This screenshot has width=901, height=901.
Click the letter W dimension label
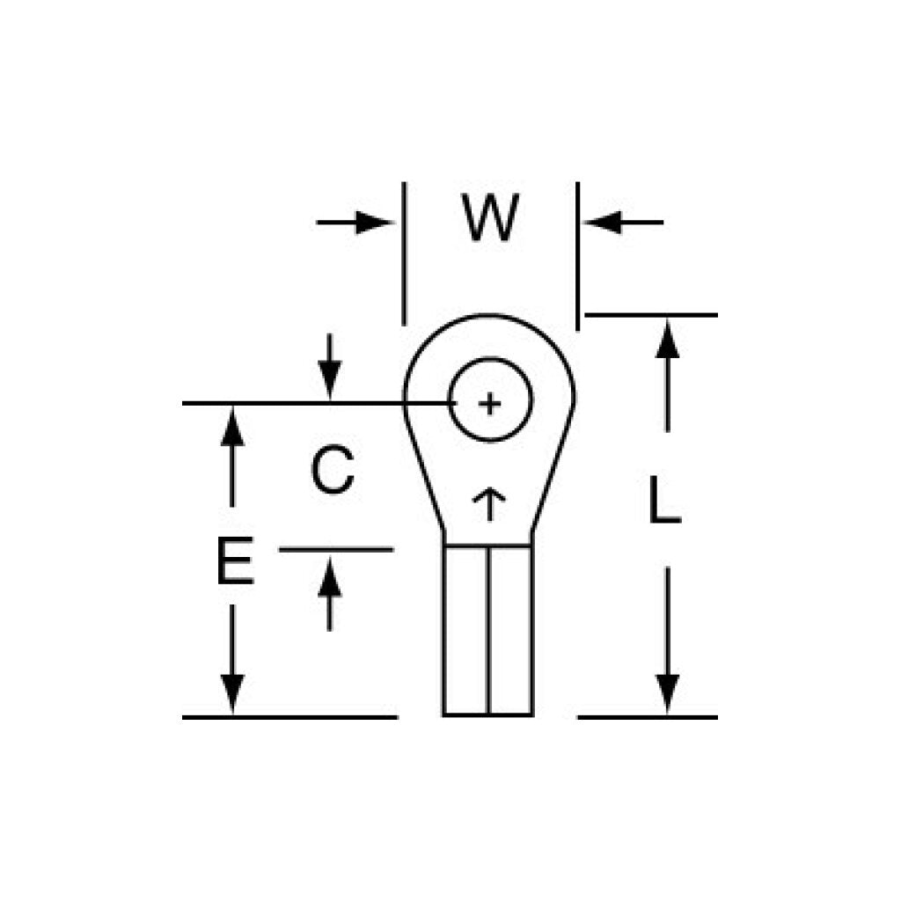click(491, 218)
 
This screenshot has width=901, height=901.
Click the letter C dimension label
click(332, 470)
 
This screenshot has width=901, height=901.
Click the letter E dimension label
click(235, 560)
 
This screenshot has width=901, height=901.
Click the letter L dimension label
click(664, 500)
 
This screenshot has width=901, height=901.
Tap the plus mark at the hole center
click(489, 403)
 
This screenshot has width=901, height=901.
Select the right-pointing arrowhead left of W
click(374, 223)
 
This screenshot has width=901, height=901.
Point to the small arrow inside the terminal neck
click(489, 504)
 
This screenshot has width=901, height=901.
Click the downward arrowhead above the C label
click(330, 378)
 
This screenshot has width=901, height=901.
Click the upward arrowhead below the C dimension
click(330, 578)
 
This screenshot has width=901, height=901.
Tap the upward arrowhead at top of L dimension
click(667, 340)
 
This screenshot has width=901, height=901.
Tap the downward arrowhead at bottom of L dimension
click(667, 693)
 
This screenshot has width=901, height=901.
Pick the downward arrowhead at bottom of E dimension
click(232, 693)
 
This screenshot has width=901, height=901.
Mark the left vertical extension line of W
click(404, 253)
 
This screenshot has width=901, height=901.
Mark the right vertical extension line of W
click(577, 256)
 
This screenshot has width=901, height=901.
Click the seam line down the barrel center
click(488, 630)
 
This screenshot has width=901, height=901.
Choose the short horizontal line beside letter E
click(336, 550)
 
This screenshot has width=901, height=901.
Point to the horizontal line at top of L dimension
click(651, 315)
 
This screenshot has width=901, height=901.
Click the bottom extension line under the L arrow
click(648, 717)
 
